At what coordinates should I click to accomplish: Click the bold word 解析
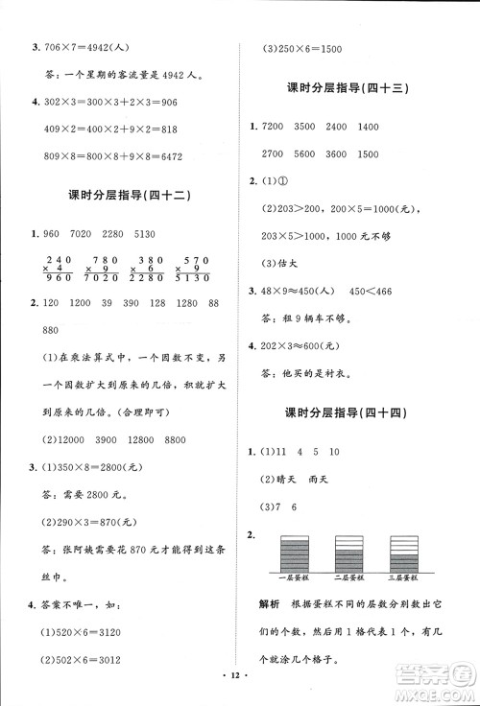[270, 605]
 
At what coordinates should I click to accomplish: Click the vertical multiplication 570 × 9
[195, 270]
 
